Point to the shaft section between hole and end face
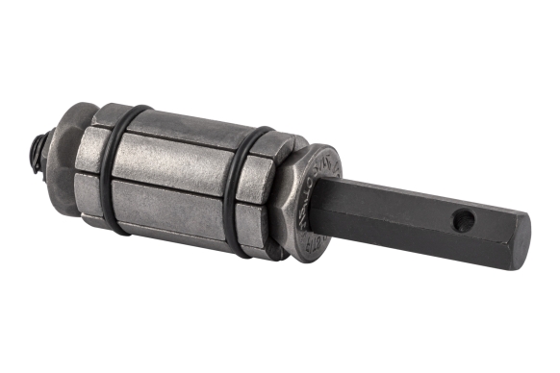tap(496, 231)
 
